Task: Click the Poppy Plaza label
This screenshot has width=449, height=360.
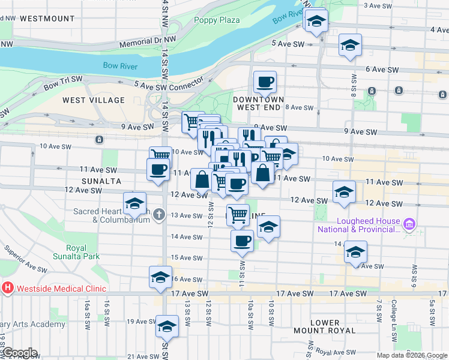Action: (217, 20)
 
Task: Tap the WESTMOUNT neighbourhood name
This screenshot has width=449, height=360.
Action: (47, 19)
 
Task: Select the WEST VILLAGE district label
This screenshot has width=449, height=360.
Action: (94, 100)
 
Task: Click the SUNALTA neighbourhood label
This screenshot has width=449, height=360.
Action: (101, 181)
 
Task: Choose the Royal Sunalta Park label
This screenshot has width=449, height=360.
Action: (76, 252)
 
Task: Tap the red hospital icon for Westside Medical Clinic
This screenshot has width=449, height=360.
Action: (8, 287)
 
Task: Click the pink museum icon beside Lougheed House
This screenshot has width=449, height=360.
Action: (410, 224)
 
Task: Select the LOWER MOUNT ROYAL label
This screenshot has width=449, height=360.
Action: (325, 326)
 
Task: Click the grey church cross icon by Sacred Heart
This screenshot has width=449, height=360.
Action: (159, 214)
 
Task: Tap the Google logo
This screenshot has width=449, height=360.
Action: (19, 353)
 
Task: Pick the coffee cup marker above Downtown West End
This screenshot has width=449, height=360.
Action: (264, 82)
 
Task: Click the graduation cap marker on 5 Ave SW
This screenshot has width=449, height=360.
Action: (350, 45)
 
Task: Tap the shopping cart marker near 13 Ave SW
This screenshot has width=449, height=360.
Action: (238, 214)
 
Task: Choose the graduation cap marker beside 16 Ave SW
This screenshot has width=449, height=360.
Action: (160, 277)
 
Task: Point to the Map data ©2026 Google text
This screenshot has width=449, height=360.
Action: (412, 355)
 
